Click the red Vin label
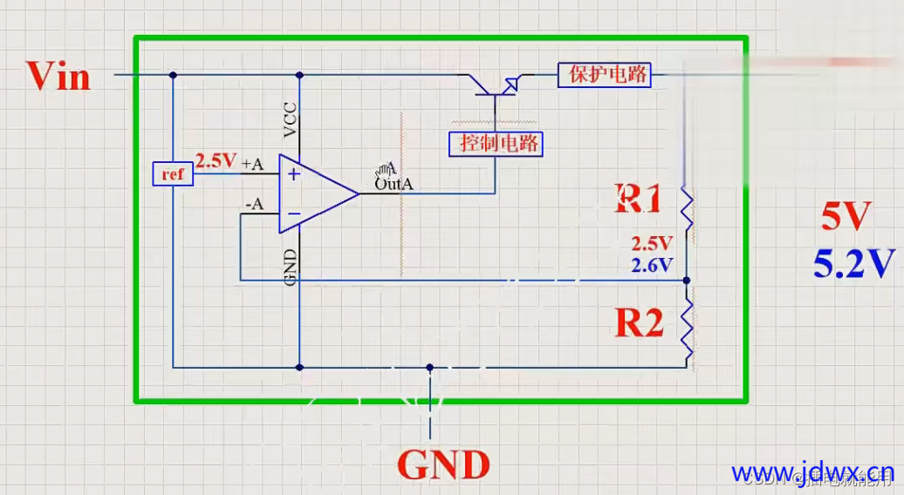click(58, 76)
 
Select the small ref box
click(172, 174)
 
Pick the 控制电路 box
click(496, 144)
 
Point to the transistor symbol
click(495, 84)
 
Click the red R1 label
click(639, 199)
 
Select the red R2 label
click(640, 322)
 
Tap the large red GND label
click(442, 464)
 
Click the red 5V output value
click(846, 217)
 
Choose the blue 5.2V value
click(854, 262)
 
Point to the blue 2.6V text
click(654, 264)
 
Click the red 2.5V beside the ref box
click(216, 161)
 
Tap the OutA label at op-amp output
click(394, 184)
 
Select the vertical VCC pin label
click(291, 119)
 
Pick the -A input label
click(254, 205)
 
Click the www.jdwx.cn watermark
click(812, 473)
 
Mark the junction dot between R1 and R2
click(687, 281)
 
